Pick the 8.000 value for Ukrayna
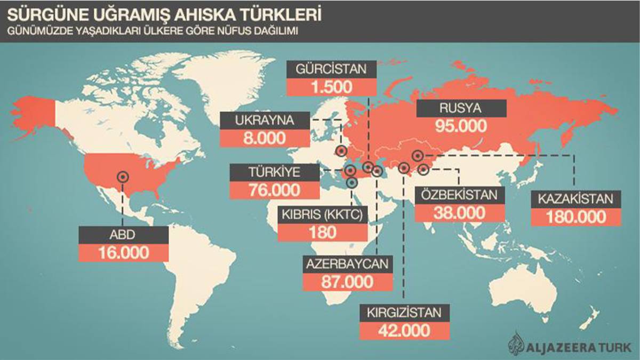(264, 138)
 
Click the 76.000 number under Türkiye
(275, 190)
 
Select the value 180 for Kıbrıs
(322, 233)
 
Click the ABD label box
(123, 234)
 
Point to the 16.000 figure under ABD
(123, 252)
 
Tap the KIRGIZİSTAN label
(404, 313)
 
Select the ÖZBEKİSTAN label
(459, 195)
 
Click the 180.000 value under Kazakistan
(577, 217)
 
